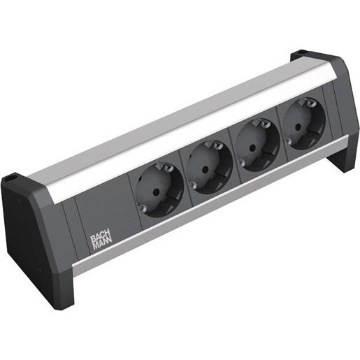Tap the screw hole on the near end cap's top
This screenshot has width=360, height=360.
pyautogui.click(x=10, y=180)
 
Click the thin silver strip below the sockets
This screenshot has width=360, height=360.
pyautogui.click(x=210, y=210)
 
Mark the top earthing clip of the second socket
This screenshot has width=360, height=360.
pyautogui.click(x=212, y=147)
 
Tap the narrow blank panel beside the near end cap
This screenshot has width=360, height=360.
pyautogui.click(x=66, y=224)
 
